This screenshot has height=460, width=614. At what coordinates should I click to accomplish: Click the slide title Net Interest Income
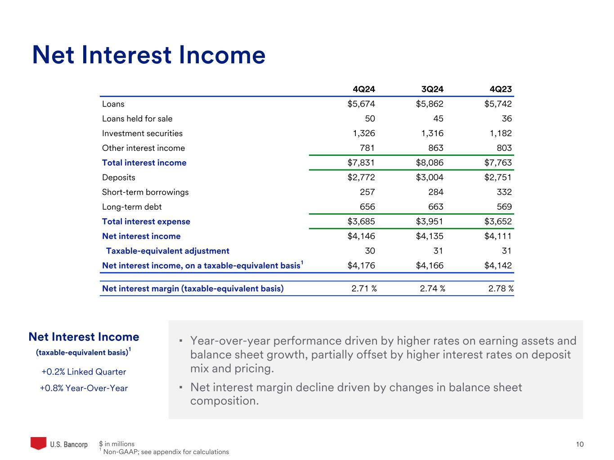coord(148,55)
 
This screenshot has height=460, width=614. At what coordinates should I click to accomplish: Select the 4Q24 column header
coord(364,89)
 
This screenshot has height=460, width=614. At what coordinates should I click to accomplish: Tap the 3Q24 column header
coord(432,89)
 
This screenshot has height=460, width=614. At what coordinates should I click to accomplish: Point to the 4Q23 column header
coord(501,89)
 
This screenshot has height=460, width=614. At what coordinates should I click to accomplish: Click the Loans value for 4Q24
coord(361,104)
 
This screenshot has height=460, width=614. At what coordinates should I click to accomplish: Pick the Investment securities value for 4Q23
coord(500,133)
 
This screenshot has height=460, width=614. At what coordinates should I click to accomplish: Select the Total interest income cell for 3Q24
coord(430,163)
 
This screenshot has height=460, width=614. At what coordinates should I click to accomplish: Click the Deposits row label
coord(118,177)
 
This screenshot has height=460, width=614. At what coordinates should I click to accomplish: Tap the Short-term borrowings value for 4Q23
coord(504,192)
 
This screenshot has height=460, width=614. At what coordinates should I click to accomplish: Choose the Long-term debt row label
coord(131,207)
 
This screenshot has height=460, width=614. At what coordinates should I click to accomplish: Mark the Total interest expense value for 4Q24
coord(361,221)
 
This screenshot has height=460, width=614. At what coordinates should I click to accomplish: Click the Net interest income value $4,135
coord(430,236)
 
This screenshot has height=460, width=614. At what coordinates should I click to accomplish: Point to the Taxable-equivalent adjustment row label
coord(167,251)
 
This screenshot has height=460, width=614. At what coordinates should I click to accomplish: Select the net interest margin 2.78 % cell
coord(501,288)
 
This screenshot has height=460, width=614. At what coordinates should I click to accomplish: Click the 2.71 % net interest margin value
coord(364,288)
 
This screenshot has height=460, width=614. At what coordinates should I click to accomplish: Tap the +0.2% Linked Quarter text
coord(84,372)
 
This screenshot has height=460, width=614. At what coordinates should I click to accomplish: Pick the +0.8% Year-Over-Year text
coord(84,388)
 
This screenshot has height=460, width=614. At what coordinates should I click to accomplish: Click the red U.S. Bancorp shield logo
coord(38,443)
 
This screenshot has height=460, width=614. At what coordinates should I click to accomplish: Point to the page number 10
coord(580,444)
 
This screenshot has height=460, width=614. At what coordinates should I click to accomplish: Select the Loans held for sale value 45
coord(438,119)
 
